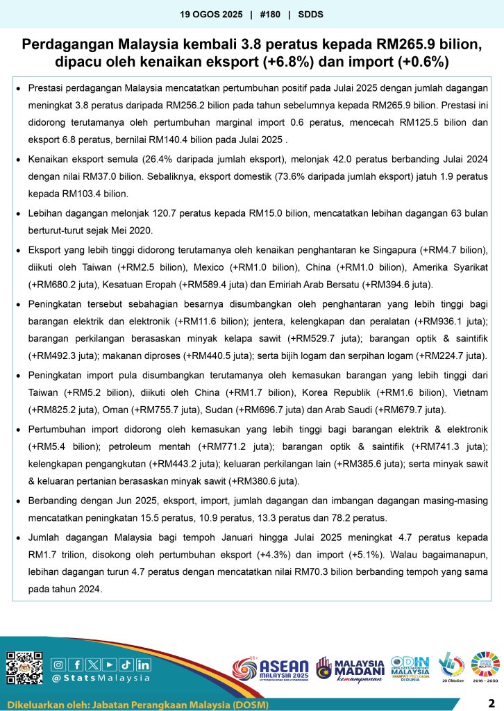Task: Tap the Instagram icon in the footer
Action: pyautogui.click(x=58, y=664)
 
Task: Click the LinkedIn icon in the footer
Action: pyautogui.click(x=143, y=664)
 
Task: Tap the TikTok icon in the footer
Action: pyautogui.click(x=126, y=664)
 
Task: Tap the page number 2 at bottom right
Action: pyautogui.click(x=491, y=701)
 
